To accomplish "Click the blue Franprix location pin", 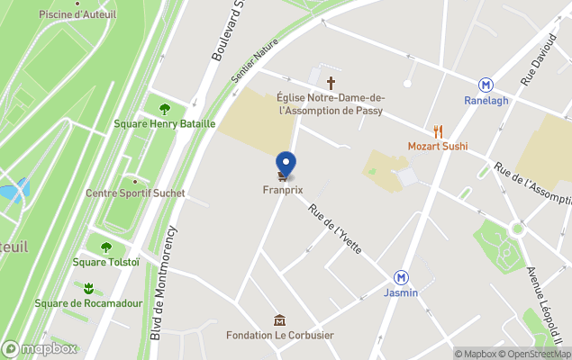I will click(x=286, y=164).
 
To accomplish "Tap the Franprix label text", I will click(x=282, y=190).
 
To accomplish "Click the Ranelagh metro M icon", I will click(x=486, y=85).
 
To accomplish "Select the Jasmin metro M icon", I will click(x=402, y=278).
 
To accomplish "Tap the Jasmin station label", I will click(x=401, y=293).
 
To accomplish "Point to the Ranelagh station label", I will click(x=486, y=100).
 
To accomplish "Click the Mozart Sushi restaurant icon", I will click(x=438, y=131).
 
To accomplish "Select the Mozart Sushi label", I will click(x=438, y=146).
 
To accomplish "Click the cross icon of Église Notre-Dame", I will click(x=331, y=82).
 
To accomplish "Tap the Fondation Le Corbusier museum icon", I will click(x=279, y=320).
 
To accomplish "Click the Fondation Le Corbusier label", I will click(x=279, y=336).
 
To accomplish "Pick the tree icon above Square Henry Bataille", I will click(x=165, y=109).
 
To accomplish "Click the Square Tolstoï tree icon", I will click(x=106, y=247).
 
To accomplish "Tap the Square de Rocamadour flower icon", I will click(x=88, y=288).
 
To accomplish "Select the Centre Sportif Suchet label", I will click(x=135, y=193).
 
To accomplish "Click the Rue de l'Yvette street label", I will click(x=335, y=229).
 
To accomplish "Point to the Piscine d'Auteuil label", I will click(x=75, y=14).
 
